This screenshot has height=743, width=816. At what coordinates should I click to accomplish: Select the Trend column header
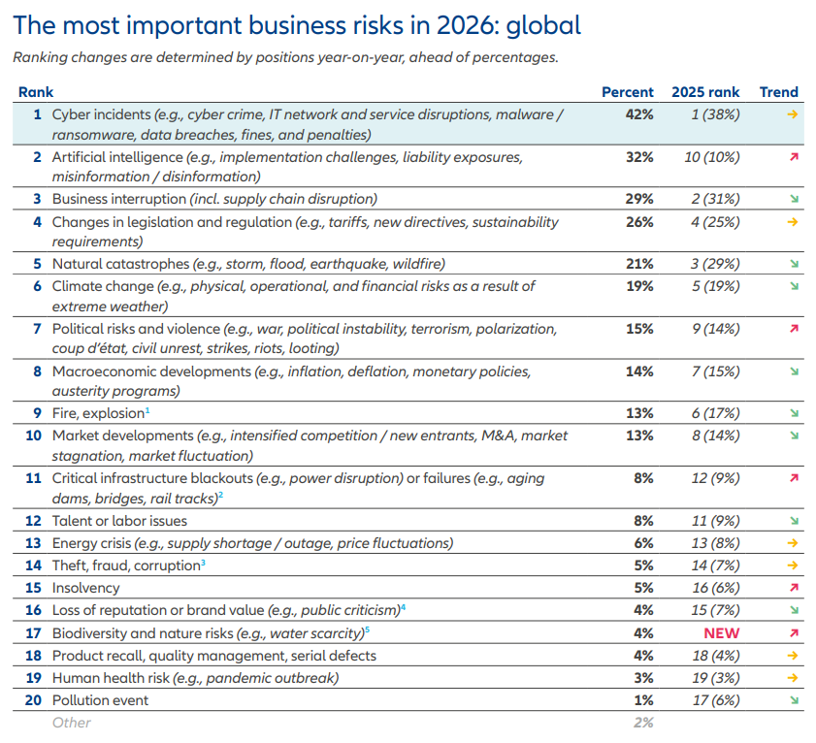tap(778, 92)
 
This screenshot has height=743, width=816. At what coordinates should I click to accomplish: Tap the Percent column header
tap(628, 92)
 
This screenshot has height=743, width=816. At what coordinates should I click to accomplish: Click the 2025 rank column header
tap(705, 92)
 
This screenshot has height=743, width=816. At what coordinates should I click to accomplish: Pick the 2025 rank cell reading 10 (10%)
tap(712, 157)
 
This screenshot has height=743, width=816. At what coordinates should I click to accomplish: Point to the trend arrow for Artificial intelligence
tap(793, 157)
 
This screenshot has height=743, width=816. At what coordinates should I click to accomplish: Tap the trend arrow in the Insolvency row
tap(793, 588)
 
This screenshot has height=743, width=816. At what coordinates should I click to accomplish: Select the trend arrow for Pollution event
tap(793, 700)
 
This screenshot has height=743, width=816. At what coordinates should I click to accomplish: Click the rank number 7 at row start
tap(37, 329)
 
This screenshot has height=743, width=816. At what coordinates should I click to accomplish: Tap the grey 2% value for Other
tap(642, 723)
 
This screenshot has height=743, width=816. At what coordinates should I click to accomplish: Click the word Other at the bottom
tap(72, 723)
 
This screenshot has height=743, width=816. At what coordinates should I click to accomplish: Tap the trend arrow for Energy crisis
tap(793, 543)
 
